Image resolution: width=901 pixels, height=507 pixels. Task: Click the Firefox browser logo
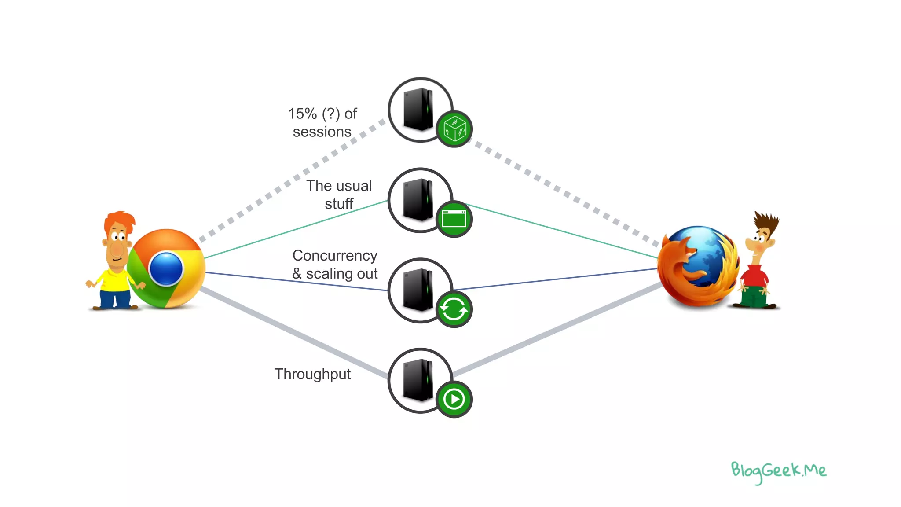pyautogui.click(x=698, y=266)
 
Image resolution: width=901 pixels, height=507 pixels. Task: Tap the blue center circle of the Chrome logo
pyautogui.click(x=166, y=268)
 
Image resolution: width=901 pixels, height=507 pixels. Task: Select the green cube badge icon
pyautogui.click(x=454, y=129)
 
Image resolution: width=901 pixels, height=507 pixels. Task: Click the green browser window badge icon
pyautogui.click(x=454, y=219)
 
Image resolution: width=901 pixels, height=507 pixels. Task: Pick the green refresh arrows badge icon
pyautogui.click(x=454, y=309)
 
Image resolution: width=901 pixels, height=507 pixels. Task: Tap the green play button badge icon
pyautogui.click(x=454, y=400)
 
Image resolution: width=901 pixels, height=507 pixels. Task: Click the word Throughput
pyautogui.click(x=312, y=374)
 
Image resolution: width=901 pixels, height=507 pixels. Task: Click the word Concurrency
pyautogui.click(x=335, y=255)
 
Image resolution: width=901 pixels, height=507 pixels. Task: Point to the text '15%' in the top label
pyautogui.click(x=302, y=114)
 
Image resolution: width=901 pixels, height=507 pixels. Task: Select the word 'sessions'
pyautogui.click(x=322, y=132)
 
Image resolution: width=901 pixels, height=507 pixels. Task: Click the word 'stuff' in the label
pyautogui.click(x=339, y=204)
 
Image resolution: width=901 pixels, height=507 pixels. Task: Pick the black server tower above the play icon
pyautogui.click(x=418, y=380)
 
